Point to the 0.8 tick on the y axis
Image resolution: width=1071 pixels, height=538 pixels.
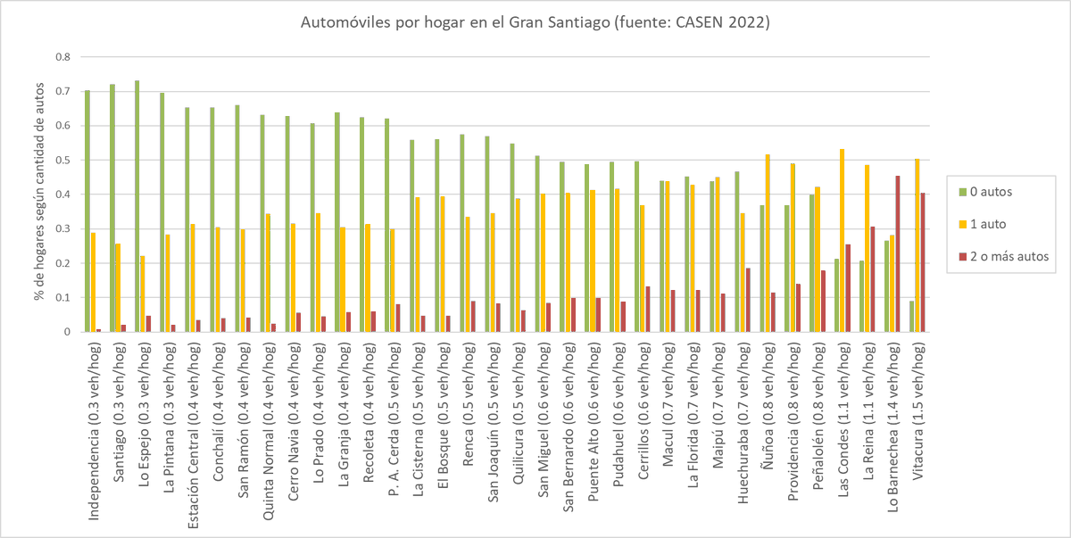63,57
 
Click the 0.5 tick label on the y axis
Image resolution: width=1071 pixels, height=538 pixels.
63,161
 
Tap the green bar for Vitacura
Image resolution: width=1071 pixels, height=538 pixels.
911,317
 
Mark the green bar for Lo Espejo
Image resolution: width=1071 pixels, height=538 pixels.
137,207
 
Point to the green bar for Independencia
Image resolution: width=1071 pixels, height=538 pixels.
87,211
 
